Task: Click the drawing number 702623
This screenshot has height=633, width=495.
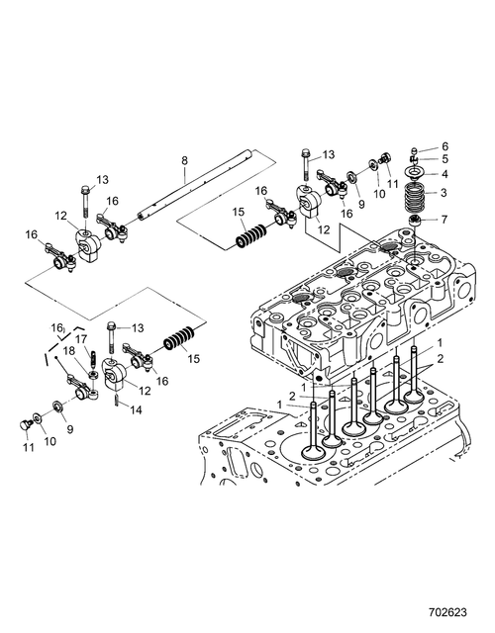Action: coord(447,613)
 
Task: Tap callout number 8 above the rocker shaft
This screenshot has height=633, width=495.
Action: coord(184,160)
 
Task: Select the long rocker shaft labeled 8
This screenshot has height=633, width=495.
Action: coord(195,184)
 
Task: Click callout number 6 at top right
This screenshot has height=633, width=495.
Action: coord(445,146)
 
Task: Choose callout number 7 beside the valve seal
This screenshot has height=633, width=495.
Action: coord(445,220)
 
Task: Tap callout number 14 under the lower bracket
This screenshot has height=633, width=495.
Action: coord(136,410)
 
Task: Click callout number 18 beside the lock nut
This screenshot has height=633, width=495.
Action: coord(69,351)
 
